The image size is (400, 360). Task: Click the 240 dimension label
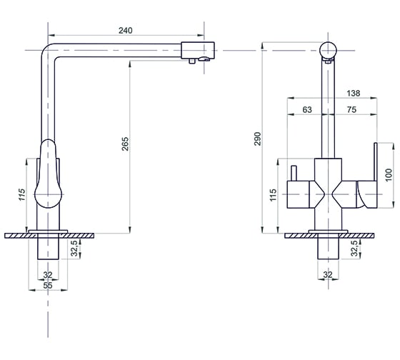click(126, 31)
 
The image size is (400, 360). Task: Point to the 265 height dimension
click(125, 144)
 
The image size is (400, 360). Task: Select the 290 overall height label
click(258, 139)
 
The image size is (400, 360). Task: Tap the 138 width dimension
click(354, 93)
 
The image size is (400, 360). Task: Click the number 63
click(307, 109)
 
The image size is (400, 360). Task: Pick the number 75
click(351, 109)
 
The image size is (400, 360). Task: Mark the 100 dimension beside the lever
click(389, 175)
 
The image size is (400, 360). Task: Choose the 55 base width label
click(48, 285)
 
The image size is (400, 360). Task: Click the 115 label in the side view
click(22, 195)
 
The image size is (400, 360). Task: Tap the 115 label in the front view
click(273, 195)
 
